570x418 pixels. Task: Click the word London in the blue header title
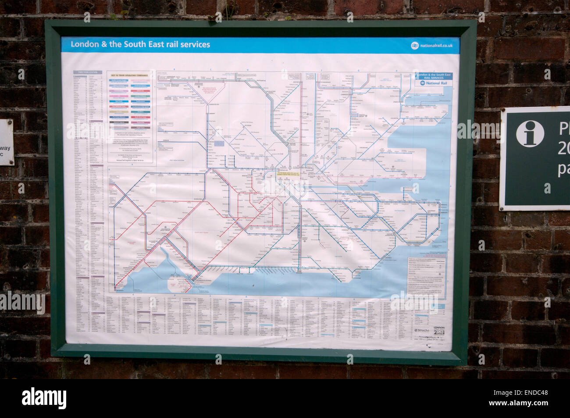(x=85, y=44)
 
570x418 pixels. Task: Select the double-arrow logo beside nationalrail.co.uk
(x=414, y=46)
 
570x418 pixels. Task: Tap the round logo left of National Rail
(x=422, y=83)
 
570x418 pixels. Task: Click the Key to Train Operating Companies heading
(x=130, y=75)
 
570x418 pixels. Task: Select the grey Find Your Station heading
(x=88, y=72)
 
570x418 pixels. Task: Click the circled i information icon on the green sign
(x=530, y=133)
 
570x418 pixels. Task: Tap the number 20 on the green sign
(x=563, y=149)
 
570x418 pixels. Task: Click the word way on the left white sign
(x=5, y=148)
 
